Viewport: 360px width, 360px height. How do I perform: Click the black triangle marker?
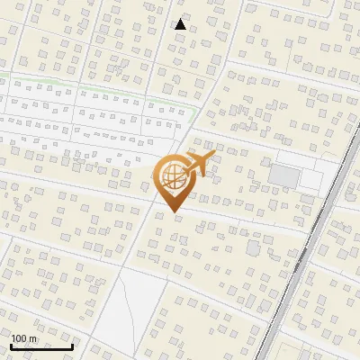pyautogui.click(x=181, y=24)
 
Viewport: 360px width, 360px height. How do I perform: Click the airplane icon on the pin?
pyautogui.click(x=197, y=164)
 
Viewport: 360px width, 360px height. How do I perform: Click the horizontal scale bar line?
pyautogui.click(x=41, y=346)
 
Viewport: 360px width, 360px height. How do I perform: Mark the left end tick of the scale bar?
pyautogui.click(x=11, y=346)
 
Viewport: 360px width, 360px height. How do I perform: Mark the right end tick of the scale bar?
pyautogui.click(x=72, y=346)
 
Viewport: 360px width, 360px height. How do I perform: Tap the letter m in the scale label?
pyautogui.click(x=33, y=338)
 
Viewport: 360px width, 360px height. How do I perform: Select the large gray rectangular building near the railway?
pyautogui.click(x=284, y=176)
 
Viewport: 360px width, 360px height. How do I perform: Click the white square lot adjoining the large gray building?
pyautogui.click(x=311, y=183)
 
